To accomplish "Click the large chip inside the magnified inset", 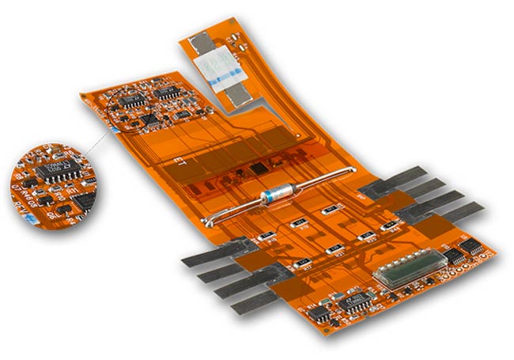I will click(x=58, y=169).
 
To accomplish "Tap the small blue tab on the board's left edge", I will click(x=115, y=127).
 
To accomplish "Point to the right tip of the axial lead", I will click(x=350, y=170).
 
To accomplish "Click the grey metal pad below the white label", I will click(x=235, y=93).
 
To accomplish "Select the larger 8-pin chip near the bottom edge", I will click(x=357, y=300).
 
